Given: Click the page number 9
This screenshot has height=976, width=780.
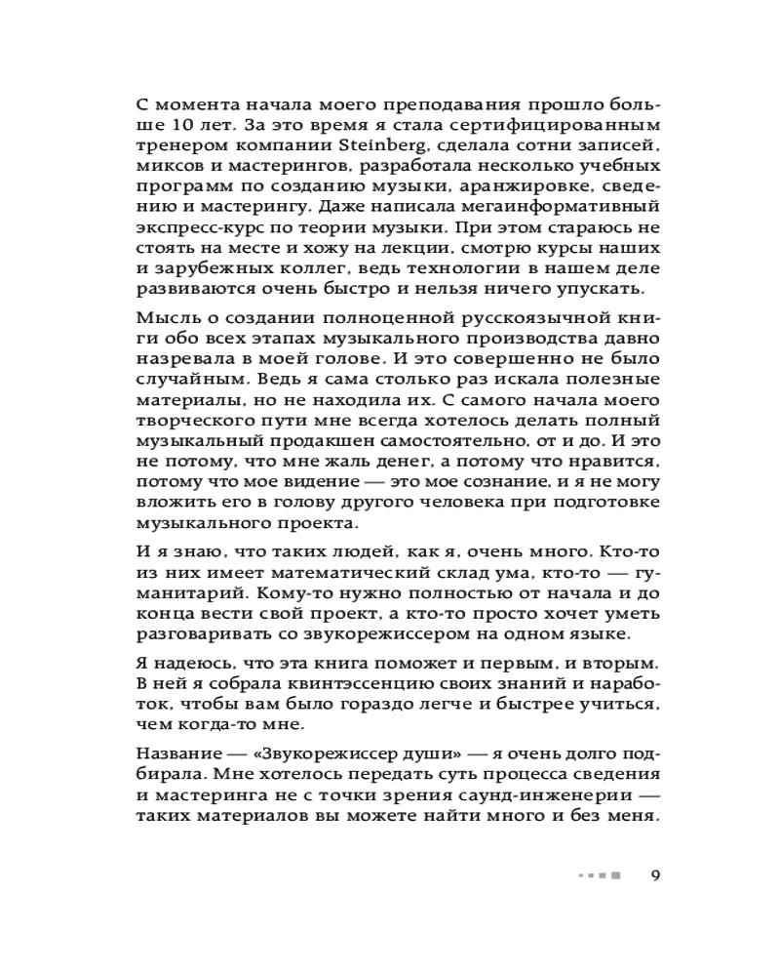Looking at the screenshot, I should pyautogui.click(x=655, y=874).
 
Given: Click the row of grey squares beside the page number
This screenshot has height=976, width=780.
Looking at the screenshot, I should pyautogui.click(x=599, y=874).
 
